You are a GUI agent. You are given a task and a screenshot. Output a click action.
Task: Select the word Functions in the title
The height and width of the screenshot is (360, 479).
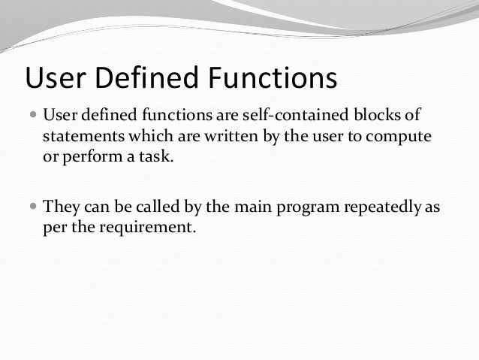(x=268, y=78)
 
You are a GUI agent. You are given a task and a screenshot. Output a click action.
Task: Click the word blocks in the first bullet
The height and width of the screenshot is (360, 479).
(x=377, y=116)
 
